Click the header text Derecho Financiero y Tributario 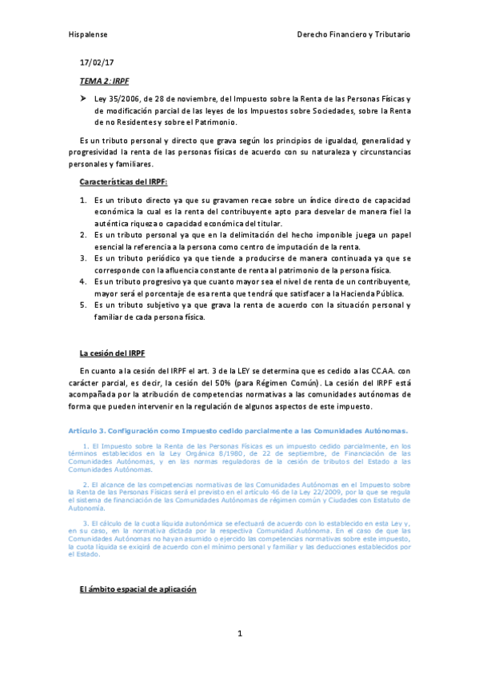[353, 36]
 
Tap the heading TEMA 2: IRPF [104, 82]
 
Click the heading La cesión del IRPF [112, 353]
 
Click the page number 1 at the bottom [239, 634]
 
